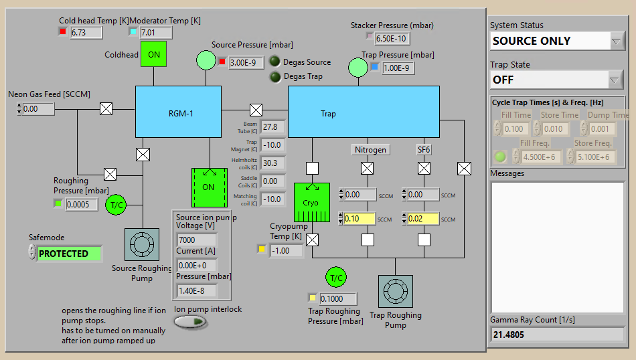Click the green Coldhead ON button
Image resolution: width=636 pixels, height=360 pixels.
coord(153,54)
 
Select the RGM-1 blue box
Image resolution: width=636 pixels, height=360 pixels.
coord(178,112)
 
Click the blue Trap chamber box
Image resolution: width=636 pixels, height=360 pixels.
coord(364,112)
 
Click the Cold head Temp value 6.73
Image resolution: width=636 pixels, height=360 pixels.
coord(86,32)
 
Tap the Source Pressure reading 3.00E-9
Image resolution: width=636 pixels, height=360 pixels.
coord(246,62)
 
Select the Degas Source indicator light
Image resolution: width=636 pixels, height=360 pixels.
coord(275,62)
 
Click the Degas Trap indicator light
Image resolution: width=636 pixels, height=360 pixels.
coord(275,76)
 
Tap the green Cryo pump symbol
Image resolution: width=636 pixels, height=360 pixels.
coord(311,203)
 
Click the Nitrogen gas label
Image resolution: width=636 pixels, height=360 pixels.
coord(371,150)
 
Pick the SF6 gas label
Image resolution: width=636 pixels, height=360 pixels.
coord(424,150)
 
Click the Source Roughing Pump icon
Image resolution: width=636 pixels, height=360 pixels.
coord(142,245)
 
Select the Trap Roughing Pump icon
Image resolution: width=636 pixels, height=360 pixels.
coord(395,292)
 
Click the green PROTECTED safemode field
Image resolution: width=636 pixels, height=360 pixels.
coord(70,254)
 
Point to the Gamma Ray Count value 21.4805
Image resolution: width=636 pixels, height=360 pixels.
coord(557,334)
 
